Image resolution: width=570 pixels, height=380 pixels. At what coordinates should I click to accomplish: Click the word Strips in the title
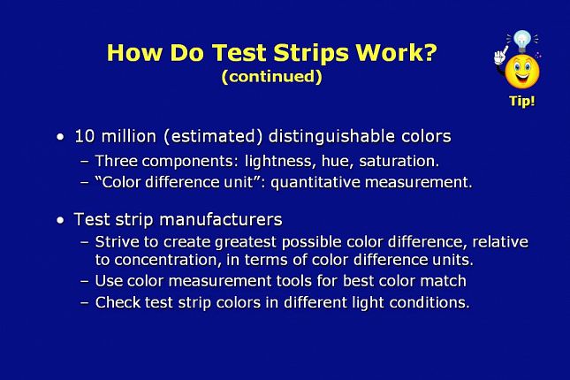click(x=311, y=53)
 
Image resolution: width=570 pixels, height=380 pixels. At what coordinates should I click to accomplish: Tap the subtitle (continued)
click(x=271, y=76)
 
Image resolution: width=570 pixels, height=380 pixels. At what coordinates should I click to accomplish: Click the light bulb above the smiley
click(x=522, y=41)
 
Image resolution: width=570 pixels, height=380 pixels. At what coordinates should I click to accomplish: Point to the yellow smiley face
click(x=522, y=72)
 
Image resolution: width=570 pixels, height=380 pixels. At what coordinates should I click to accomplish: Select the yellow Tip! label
click(x=522, y=101)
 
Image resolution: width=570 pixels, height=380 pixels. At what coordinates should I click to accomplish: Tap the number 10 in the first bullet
click(x=85, y=136)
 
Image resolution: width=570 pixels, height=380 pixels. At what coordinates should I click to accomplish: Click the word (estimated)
click(x=213, y=137)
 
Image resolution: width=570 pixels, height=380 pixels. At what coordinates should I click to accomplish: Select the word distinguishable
click(x=331, y=137)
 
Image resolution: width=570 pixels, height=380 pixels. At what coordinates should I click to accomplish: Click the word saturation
click(x=399, y=161)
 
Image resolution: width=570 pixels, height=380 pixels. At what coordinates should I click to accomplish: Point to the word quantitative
click(x=315, y=182)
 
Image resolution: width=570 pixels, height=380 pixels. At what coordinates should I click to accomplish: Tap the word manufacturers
click(x=221, y=220)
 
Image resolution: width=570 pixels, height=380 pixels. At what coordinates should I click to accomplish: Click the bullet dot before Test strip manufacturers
click(x=60, y=220)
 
